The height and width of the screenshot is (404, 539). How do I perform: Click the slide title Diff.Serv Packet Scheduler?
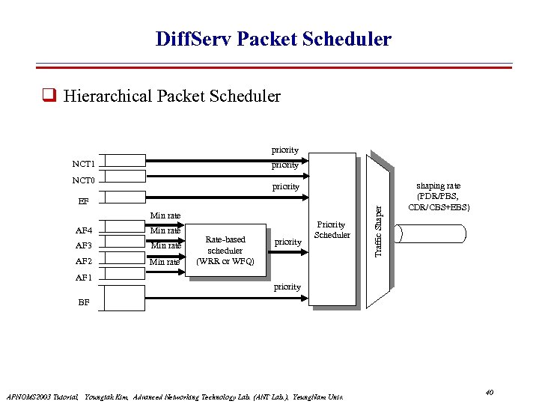[x=272, y=39]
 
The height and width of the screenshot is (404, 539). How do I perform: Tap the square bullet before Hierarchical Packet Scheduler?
[x=50, y=96]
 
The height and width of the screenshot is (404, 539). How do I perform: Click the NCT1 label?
[x=84, y=164]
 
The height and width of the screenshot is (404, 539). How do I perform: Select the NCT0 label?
[x=84, y=180]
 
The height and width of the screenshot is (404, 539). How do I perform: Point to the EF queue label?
[x=84, y=201]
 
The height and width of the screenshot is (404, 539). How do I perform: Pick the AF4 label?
[x=84, y=230]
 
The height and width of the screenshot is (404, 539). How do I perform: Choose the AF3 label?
[x=84, y=245]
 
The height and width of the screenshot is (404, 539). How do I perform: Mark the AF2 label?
[x=84, y=261]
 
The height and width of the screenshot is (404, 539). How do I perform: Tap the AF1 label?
[x=84, y=277]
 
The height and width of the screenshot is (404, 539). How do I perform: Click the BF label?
[x=84, y=304]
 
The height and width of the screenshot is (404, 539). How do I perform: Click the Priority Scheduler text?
[x=332, y=230]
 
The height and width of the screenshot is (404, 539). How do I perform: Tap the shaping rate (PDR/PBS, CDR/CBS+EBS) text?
[x=439, y=196]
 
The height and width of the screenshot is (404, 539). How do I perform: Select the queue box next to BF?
[x=124, y=298]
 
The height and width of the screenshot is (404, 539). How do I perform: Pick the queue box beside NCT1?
[x=124, y=160]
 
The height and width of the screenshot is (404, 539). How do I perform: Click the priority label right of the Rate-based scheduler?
[x=288, y=242]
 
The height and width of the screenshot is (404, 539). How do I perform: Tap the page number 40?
[x=489, y=392]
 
